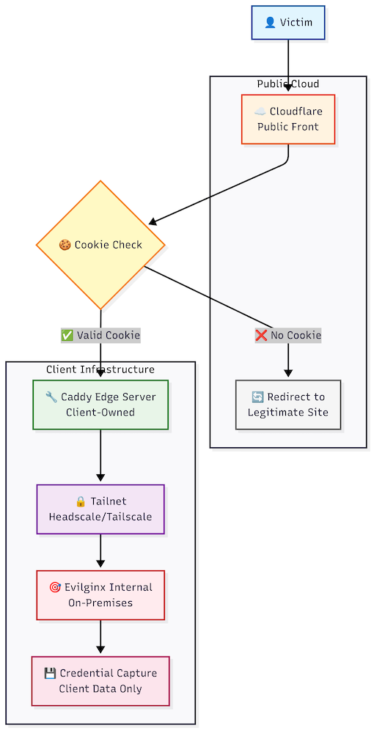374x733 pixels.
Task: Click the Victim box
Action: [288, 23]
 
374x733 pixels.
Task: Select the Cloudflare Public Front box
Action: [288, 119]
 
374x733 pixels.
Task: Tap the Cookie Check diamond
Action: [100, 245]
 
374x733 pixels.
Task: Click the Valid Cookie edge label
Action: [100, 335]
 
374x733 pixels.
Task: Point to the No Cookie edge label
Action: [288, 335]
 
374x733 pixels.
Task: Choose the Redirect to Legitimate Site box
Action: [288, 405]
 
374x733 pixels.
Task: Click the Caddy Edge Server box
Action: [100, 405]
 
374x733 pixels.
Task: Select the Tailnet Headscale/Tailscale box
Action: [100, 509]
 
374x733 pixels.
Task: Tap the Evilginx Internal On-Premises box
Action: [100, 595]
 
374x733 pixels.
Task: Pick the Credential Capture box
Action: [100, 681]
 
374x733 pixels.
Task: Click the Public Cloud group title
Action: [288, 84]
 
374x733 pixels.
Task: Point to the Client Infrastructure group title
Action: [100, 369]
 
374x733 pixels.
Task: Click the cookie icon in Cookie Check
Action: [65, 245]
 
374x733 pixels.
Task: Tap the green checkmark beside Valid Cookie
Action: [67, 335]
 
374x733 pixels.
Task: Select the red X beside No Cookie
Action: [261, 335]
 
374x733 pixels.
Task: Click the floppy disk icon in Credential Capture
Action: [50, 673]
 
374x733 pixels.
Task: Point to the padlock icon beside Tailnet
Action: [81, 501]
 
